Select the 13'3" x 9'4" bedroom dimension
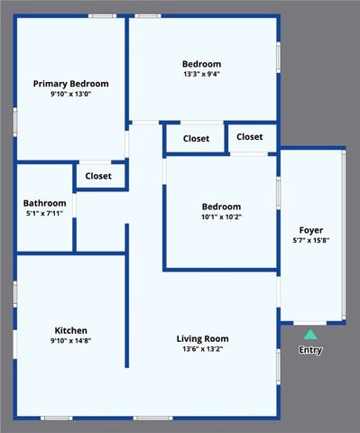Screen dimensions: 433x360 (201, 74)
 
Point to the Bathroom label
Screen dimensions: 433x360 (44, 203)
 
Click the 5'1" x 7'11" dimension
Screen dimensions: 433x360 (44, 214)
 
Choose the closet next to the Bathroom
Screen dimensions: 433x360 (98, 176)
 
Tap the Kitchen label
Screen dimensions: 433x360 (70, 330)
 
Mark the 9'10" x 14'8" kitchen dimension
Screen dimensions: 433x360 (70, 341)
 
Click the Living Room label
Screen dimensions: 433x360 (201, 338)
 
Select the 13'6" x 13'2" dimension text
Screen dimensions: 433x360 (201, 349)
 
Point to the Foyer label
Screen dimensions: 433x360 (310, 230)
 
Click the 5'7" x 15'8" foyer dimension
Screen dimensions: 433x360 (310, 241)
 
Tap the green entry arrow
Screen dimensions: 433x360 (310, 335)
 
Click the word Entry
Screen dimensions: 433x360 (310, 350)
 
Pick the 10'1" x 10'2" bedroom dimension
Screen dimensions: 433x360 (220, 216)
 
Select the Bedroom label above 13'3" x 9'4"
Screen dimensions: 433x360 (201, 63)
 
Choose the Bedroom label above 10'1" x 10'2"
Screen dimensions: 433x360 (220, 206)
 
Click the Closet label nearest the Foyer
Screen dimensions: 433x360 (250, 137)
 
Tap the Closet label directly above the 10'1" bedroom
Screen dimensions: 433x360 (196, 139)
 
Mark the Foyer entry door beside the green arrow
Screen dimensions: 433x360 (310, 323)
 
